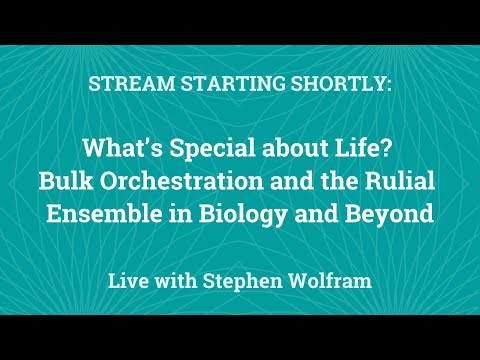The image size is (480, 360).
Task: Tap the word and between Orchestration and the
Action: pyautogui.click(x=288, y=182)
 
